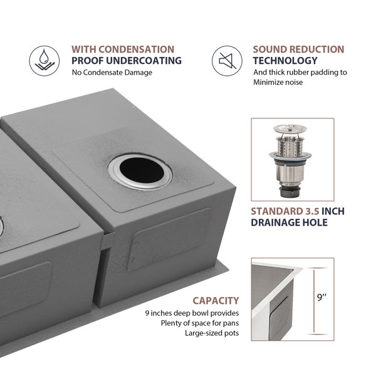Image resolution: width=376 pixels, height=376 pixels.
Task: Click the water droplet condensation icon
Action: tap(44, 61)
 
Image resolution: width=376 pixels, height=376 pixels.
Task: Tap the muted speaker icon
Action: tap(227, 61)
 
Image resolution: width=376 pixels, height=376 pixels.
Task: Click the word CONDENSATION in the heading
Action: tap(136, 50)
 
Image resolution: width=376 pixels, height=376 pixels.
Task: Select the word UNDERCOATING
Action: tap(144, 60)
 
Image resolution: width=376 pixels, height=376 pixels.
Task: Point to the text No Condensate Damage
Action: tap(112, 73)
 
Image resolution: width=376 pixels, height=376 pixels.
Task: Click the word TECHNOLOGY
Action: tap(285, 60)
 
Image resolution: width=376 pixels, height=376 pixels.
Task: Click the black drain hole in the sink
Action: tap(142, 170)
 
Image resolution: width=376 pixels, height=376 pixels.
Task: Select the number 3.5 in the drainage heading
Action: tap(312, 211)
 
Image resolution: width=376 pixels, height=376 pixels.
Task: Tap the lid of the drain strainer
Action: tap(290, 129)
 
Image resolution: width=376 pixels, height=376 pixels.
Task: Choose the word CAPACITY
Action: tap(216, 301)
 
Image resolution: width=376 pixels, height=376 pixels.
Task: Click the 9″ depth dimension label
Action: tap(322, 297)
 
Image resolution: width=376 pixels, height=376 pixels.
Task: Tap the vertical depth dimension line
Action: tap(314, 301)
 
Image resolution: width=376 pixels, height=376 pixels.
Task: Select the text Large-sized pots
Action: tap(212, 333)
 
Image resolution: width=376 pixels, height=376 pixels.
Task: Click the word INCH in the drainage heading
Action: tap(333, 211)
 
